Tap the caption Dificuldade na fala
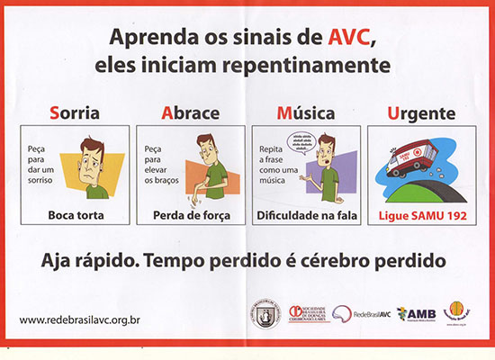tap(307, 215)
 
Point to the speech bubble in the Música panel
tap(301, 142)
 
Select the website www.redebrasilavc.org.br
tap(81, 319)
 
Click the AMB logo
tap(415, 313)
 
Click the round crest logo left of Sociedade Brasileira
tap(260, 314)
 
